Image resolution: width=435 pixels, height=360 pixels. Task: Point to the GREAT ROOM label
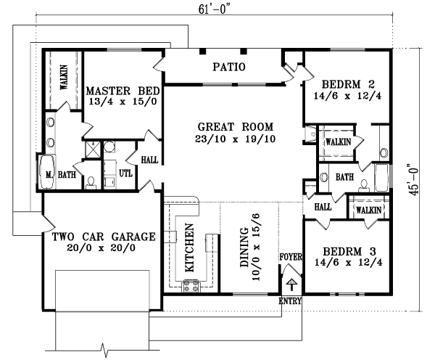[x=229, y=125]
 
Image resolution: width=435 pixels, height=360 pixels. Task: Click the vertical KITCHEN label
[x=189, y=247]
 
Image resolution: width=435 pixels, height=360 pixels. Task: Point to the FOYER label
[x=290, y=257]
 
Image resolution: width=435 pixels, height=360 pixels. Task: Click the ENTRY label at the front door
[x=290, y=300]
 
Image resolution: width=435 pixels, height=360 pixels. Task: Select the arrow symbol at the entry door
[x=291, y=285]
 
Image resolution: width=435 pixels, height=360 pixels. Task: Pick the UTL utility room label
[x=125, y=173]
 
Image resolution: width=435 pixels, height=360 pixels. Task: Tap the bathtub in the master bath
[x=47, y=173]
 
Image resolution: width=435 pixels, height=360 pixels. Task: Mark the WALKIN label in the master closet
[x=64, y=77]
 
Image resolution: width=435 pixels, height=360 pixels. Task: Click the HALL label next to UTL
[x=149, y=159]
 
